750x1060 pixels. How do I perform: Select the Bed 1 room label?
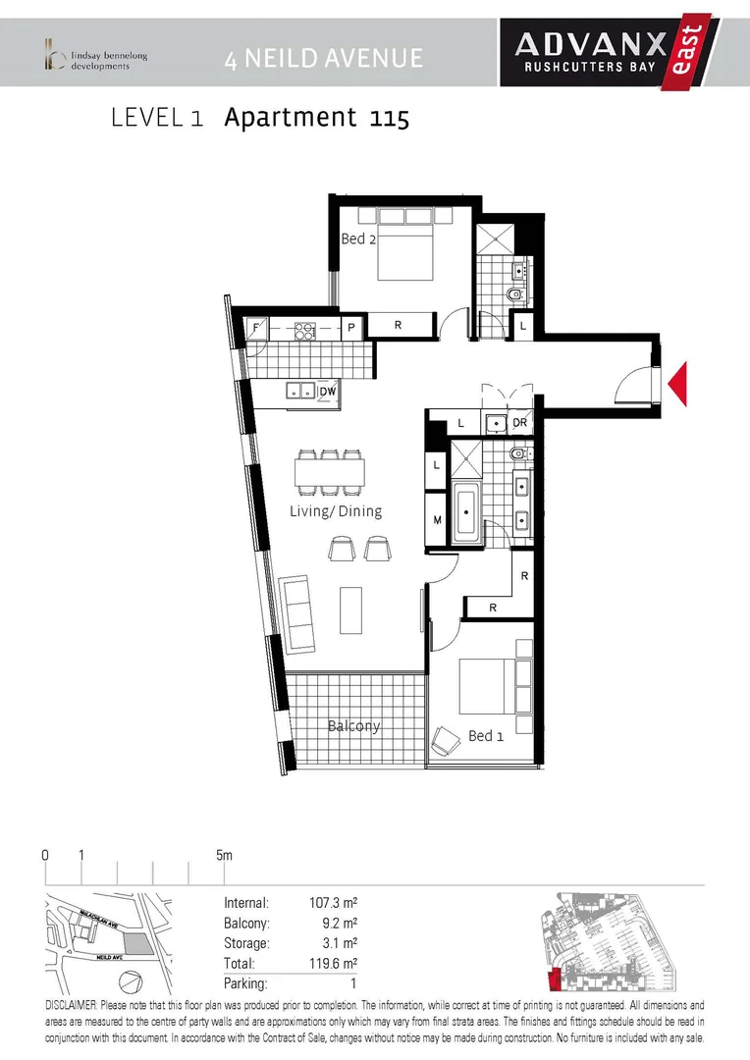click(x=485, y=735)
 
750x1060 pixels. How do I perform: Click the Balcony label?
click(x=353, y=725)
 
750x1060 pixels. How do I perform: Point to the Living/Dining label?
click(x=336, y=511)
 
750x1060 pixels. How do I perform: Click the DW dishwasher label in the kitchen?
click(x=328, y=392)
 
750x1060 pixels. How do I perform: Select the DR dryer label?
click(x=520, y=423)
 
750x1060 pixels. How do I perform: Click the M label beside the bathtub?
click(x=437, y=520)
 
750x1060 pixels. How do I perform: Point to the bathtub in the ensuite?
click(x=466, y=510)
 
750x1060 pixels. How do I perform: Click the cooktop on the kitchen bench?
click(x=304, y=330)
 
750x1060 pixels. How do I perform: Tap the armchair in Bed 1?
click(x=446, y=739)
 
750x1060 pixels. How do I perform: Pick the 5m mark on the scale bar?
click(x=225, y=856)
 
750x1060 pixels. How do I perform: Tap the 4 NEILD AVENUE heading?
click(x=323, y=58)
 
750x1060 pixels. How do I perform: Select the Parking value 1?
click(x=352, y=982)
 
